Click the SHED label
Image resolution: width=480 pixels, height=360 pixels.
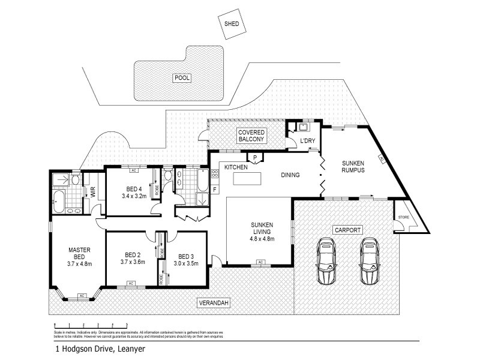pos(232,25)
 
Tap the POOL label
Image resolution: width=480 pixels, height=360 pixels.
pos(181,78)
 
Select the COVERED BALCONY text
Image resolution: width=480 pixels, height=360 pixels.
pos(251,135)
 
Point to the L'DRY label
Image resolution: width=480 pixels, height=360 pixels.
pos(307,141)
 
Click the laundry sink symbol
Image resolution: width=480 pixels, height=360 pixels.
pos(304,127)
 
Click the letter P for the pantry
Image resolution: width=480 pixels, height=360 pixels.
pos(255,158)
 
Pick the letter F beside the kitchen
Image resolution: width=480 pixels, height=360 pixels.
pos(215,190)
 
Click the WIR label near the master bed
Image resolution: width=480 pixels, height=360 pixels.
pos(93,192)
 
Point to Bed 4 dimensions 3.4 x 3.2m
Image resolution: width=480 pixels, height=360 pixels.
pos(134,196)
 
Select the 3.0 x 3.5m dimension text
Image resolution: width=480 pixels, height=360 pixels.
pos(187,262)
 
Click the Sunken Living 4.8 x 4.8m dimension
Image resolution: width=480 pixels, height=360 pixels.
pos(262,239)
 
